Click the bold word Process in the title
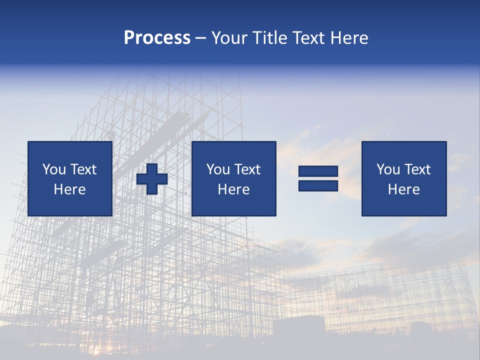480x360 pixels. pyautogui.click(x=157, y=38)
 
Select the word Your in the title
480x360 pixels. pyautogui.click(x=227, y=38)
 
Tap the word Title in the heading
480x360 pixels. pyautogui.click(x=268, y=38)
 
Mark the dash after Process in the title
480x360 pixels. pyautogui.click(x=200, y=38)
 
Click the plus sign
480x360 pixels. pyautogui.click(x=152, y=179)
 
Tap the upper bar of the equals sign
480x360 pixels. pyautogui.click(x=318, y=171)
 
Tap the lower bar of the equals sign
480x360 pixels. pyautogui.click(x=318, y=186)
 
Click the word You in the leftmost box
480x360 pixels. pyautogui.click(x=54, y=169)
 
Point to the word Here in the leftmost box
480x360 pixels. pyautogui.click(x=70, y=189)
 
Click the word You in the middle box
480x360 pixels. pyautogui.click(x=218, y=169)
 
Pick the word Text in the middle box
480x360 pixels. pyautogui.click(x=247, y=169)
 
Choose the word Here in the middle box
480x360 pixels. pyautogui.click(x=234, y=189)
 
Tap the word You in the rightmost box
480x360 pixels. pyautogui.click(x=388, y=169)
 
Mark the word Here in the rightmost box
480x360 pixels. pyautogui.click(x=404, y=189)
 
